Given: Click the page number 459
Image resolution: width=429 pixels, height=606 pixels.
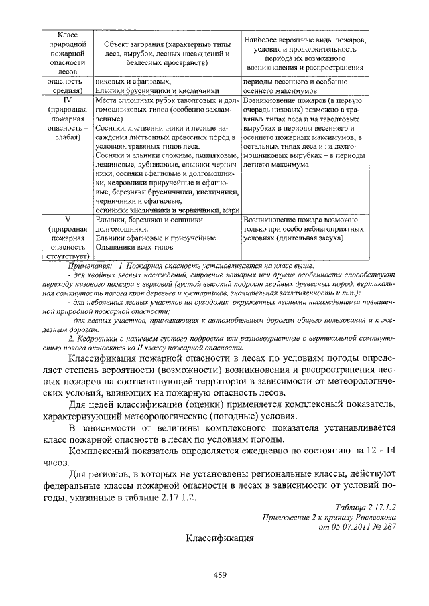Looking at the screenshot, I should (x=222, y=574).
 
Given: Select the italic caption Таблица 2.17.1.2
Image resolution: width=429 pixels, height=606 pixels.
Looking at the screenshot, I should (x=367, y=508).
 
